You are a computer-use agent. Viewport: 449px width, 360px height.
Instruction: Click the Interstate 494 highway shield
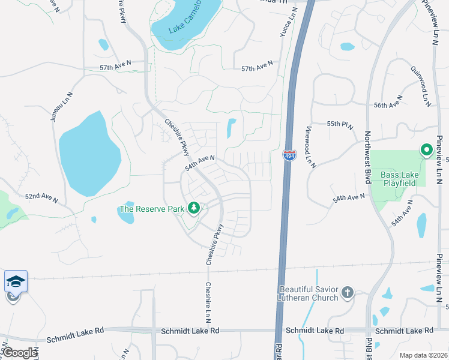[x=289, y=155]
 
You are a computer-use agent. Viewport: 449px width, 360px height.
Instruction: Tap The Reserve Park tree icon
[x=193, y=208]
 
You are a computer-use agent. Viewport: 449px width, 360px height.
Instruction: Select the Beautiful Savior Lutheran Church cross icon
[x=347, y=293]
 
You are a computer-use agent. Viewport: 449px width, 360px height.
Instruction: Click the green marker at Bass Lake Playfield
[x=427, y=149]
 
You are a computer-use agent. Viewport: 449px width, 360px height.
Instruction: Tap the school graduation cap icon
[x=15, y=281]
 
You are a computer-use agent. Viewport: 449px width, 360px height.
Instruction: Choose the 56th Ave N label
[x=387, y=105]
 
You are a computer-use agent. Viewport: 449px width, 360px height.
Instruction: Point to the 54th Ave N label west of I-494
[x=199, y=162]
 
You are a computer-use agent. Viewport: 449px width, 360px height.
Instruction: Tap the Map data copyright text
[x=423, y=355]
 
